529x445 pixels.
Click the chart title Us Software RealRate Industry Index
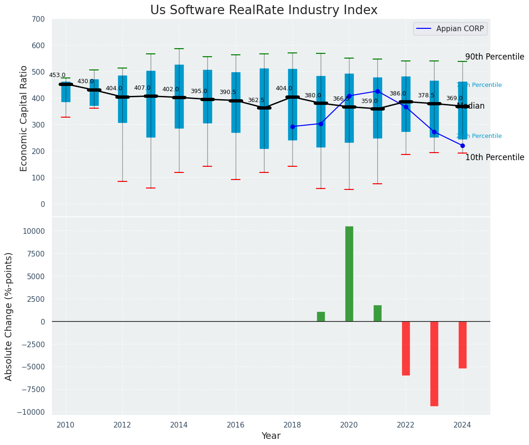[264, 10]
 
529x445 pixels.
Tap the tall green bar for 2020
[349, 274]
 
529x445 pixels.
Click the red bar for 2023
[434, 363]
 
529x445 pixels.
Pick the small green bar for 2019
[321, 317]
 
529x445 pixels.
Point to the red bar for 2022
[406, 348]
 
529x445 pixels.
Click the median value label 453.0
[57, 75]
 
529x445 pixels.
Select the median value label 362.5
[256, 100]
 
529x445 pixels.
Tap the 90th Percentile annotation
[494, 57]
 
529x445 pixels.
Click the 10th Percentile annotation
[494, 158]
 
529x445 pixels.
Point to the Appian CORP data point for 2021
[377, 91]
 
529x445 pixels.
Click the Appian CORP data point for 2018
[292, 127]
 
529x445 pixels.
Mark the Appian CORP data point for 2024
[462, 145]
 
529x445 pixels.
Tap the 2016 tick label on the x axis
[236, 425]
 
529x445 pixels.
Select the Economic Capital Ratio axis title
[24, 118]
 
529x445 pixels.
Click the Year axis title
[271, 436]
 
